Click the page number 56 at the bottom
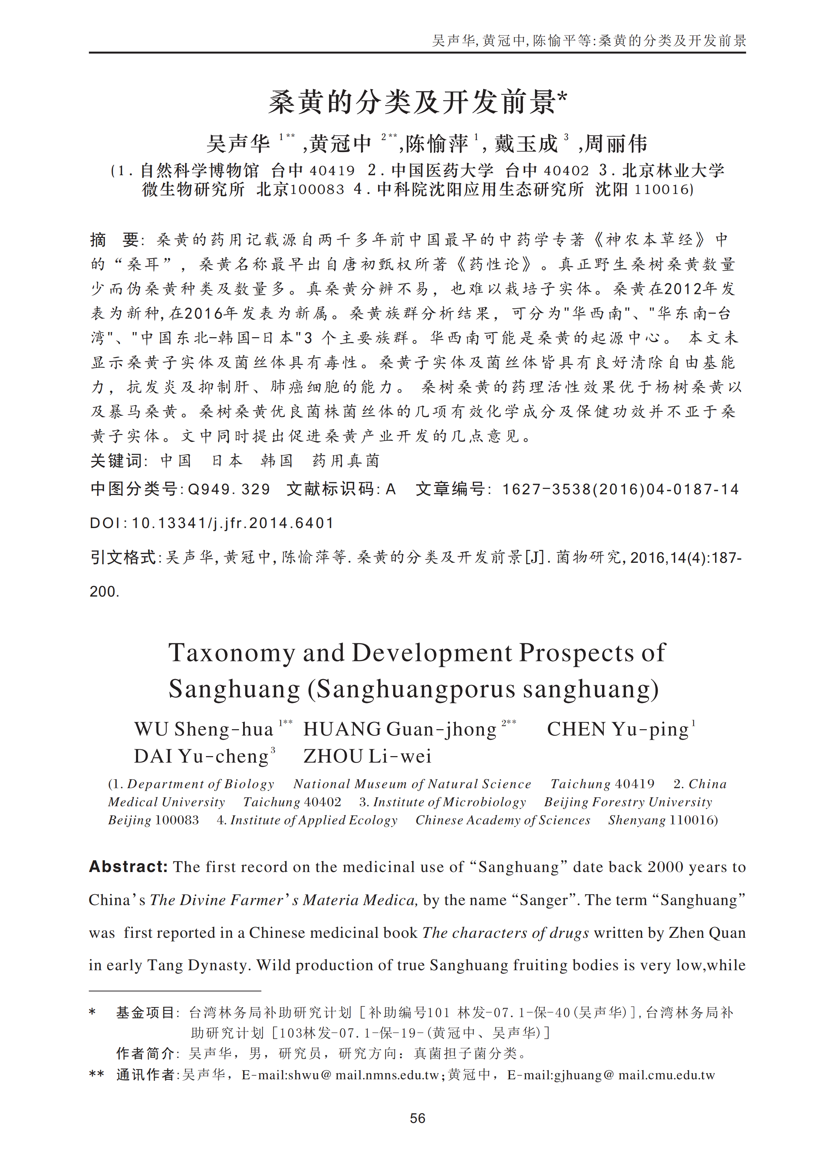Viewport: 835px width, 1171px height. pyautogui.click(x=417, y=1118)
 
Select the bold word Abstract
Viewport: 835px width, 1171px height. pyautogui.click(x=128, y=867)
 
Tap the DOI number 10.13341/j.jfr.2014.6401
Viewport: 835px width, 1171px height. pyautogui.click(x=233, y=523)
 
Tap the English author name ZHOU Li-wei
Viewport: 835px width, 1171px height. pyautogui.click(x=367, y=756)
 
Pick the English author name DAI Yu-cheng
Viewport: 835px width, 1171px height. pyautogui.click(x=201, y=756)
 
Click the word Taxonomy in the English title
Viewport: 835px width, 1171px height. pyautogui.click(x=232, y=653)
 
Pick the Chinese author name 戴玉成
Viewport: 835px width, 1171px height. pyautogui.click(x=525, y=144)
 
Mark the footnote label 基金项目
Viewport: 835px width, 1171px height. pyautogui.click(x=145, y=1013)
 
